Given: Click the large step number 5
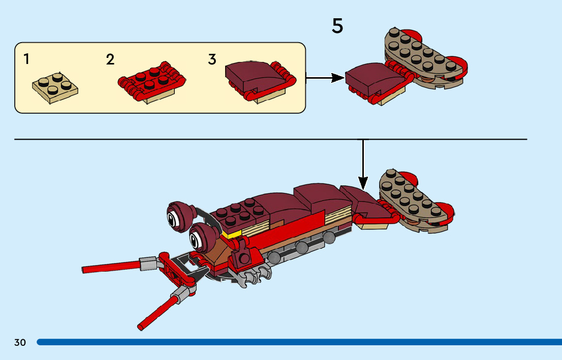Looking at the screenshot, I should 337,26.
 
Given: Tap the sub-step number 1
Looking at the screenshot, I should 26,59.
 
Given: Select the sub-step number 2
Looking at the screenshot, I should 110,59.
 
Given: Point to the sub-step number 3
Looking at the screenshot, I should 212,59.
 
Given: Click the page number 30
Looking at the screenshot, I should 20,342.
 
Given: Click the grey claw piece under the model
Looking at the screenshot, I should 252,277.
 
